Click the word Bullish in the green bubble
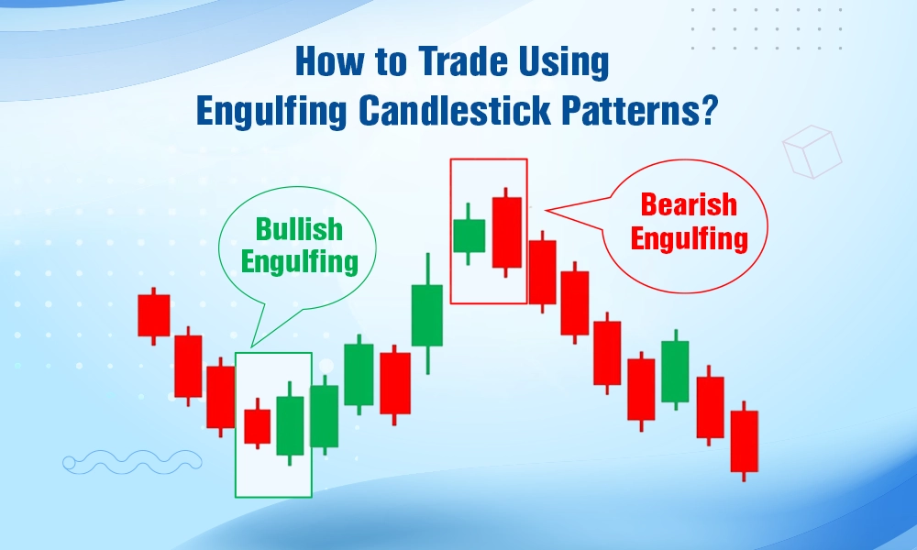coord(299,228)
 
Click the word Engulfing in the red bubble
coord(689,239)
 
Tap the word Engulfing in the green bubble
coord(299,262)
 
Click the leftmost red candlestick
coord(154,315)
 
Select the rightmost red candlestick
coord(744,441)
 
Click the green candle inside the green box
coord(290,424)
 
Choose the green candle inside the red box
coord(469,236)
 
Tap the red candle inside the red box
coord(506,232)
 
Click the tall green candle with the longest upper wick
coord(426,314)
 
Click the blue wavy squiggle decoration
coord(132,462)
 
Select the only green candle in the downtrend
coord(674,371)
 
